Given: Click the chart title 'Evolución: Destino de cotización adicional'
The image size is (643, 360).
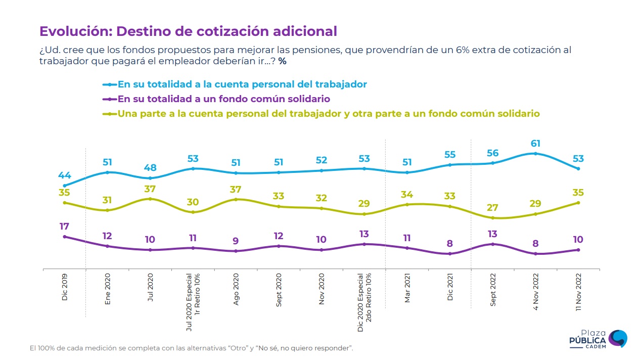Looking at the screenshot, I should (188, 31).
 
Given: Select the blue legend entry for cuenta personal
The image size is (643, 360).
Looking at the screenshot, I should (242, 84).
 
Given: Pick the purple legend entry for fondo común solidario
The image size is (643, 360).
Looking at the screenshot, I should (223, 99).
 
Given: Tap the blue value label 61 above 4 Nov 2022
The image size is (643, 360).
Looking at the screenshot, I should (535, 144).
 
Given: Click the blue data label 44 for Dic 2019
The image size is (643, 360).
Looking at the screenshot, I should (64, 175).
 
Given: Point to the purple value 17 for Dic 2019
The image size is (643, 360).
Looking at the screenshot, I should (64, 227).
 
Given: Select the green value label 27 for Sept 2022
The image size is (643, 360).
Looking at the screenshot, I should (492, 207).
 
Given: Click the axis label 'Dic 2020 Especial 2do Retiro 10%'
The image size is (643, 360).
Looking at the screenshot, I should (364, 302).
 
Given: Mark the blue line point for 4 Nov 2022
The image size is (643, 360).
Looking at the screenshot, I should (535, 154).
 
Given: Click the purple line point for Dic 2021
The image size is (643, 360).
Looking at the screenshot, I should (450, 254).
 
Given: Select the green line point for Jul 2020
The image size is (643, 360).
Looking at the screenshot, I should (150, 199).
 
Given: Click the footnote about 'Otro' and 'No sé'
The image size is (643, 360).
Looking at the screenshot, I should (191, 348).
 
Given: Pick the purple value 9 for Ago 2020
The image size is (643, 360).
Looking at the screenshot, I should (236, 241).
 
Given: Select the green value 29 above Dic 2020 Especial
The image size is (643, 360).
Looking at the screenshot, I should (364, 204).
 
